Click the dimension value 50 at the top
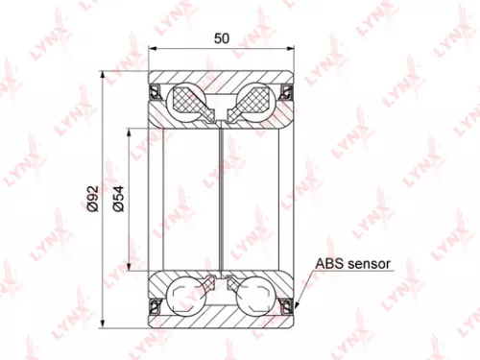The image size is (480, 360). click(x=222, y=39)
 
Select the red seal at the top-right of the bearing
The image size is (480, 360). click(x=286, y=92)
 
